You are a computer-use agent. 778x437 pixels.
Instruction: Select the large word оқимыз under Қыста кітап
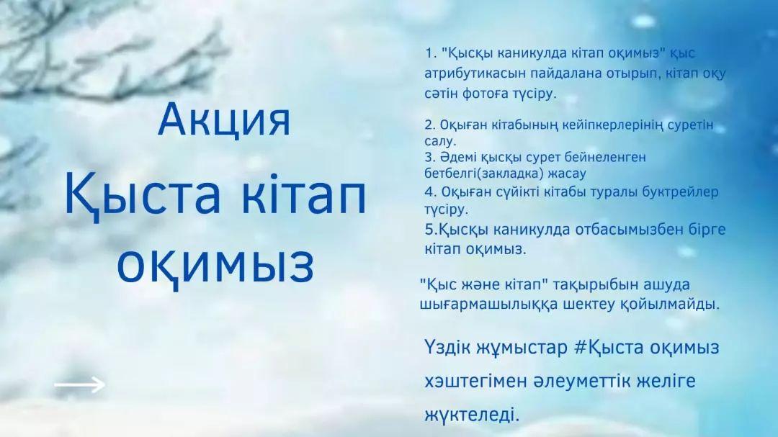tap(215, 264)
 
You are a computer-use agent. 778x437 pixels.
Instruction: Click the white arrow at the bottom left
tap(79, 384)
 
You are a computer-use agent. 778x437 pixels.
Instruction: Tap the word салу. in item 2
tap(440, 141)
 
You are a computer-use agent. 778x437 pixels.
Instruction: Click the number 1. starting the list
tap(430, 53)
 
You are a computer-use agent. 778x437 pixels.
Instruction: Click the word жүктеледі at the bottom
tap(471, 415)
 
